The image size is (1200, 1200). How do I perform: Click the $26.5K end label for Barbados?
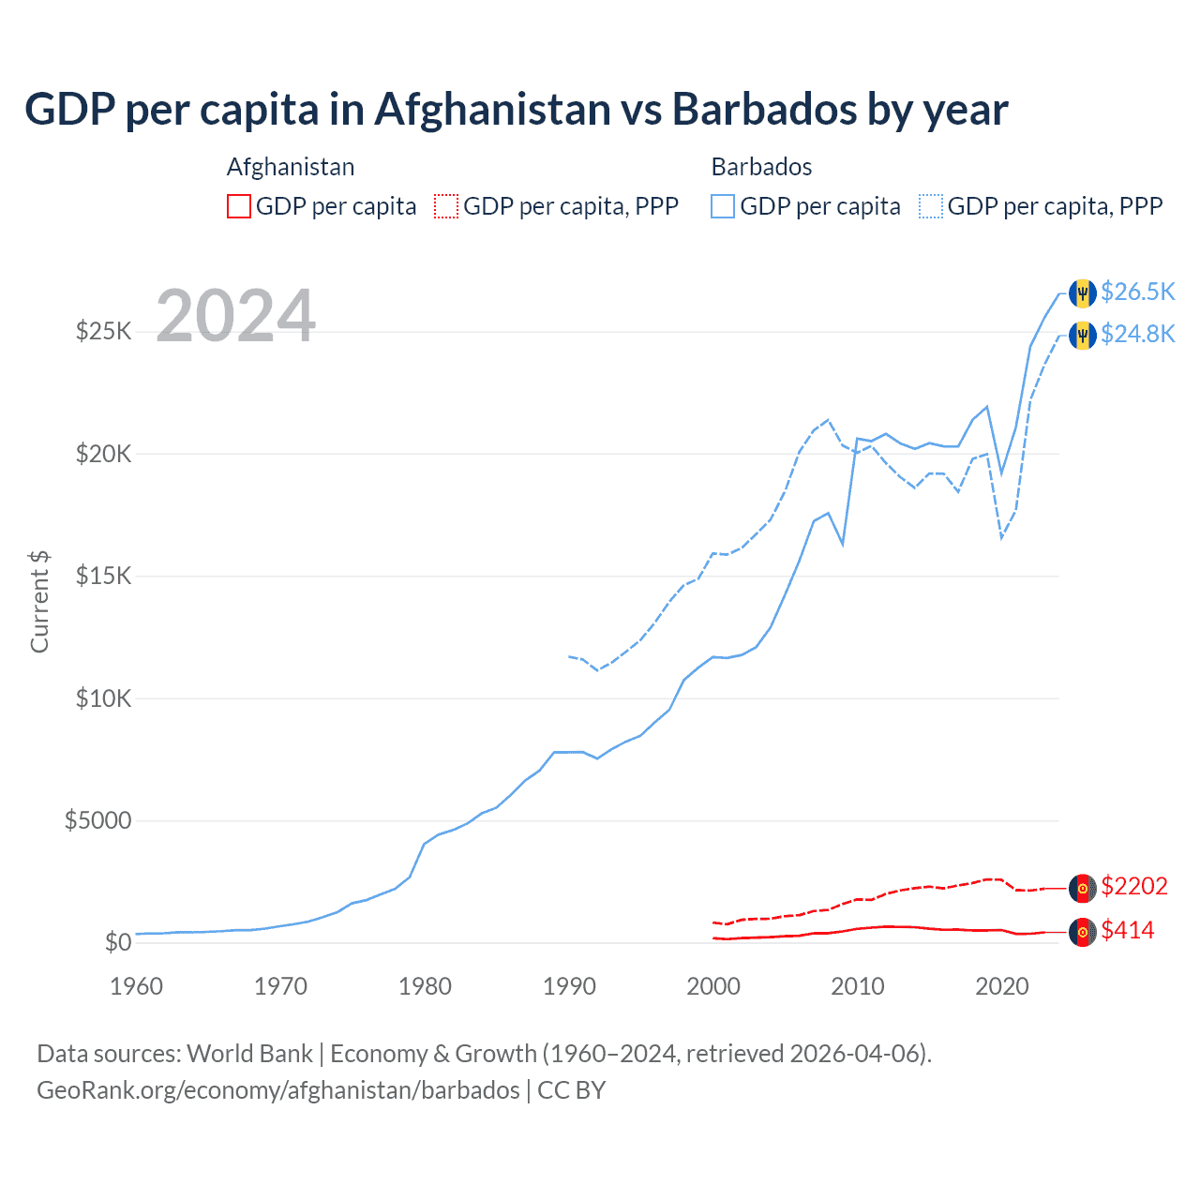1137,292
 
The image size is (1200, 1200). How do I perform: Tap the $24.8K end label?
1137,334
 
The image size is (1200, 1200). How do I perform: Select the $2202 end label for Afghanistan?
1134,886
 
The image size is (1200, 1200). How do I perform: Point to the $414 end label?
1128,930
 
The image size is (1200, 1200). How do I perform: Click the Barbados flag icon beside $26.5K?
1083,292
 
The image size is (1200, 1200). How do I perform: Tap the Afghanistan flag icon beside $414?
1083,932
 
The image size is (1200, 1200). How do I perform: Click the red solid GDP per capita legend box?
239,206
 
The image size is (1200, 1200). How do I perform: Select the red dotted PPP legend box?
446,206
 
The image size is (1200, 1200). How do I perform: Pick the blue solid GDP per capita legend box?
723,206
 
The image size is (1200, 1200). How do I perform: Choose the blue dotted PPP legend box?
931,206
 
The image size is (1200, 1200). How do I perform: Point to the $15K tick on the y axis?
103,576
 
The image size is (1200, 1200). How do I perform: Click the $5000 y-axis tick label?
97,821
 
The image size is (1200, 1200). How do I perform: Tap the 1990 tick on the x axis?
569,986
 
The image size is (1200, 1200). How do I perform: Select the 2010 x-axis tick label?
858,986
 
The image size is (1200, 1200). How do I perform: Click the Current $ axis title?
39,602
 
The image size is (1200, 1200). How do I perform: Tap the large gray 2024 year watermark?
235,316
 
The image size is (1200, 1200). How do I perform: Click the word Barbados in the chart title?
764,110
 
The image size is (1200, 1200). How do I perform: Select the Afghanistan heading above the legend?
291,167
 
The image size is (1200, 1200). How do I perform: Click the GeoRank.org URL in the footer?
277,1090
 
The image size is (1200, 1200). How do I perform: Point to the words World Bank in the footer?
249,1054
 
